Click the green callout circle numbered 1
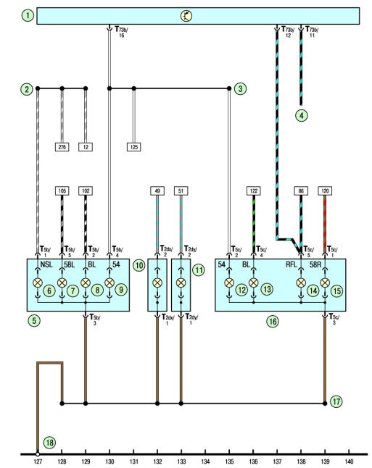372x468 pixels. pos(28,15)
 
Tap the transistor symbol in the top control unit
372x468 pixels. pos(186,16)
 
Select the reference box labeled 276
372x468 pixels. pos(62,147)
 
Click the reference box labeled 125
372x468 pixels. pos(134,147)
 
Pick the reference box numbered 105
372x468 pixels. pos(62,191)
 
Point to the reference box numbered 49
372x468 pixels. pos(157,191)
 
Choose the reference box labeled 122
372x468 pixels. pos(254,191)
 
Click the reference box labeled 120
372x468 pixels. pos(325,191)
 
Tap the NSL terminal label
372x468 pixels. pos(46,264)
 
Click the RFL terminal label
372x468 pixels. pos(292,264)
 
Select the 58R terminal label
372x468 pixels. pos(315,264)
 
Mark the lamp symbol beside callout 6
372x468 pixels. pos(38,283)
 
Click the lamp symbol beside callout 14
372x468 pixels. pos(301,283)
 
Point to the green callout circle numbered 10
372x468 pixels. pos(139,265)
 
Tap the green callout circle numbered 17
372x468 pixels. pos(336,401)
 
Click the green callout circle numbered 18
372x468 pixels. pos(49,443)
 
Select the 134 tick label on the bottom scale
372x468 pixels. pos(205,461)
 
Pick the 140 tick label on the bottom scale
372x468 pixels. pos(349,461)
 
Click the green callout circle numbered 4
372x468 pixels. pos(302,115)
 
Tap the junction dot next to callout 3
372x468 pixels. pos(229,88)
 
